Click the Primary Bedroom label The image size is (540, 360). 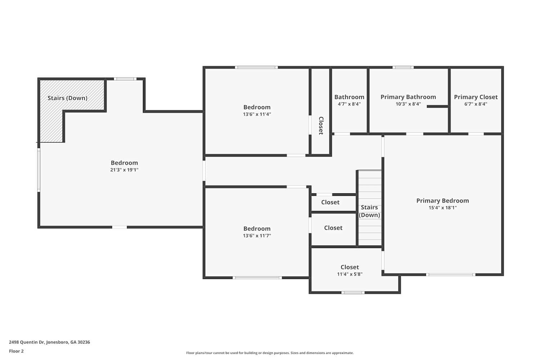442,201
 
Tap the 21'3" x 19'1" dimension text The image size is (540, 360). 124,170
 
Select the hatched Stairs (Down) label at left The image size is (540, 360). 67,98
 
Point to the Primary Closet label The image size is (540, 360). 476,97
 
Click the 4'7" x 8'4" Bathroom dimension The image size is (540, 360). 349,104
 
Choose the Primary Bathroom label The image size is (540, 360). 408,97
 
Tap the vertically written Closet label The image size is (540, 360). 321,125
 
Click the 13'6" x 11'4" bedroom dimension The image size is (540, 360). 257,114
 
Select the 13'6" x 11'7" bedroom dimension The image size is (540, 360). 257,236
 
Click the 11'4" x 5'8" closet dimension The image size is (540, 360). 350,274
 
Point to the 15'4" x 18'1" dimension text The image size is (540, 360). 442,208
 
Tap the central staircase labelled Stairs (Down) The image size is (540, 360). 369,211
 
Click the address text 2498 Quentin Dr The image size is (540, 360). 49,342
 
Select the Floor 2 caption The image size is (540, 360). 16,351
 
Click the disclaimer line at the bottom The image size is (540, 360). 270,353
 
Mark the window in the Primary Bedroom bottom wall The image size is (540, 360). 451,275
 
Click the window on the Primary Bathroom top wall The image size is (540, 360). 403,67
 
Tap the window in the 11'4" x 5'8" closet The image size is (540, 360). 353,292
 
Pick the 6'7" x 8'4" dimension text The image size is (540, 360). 476,104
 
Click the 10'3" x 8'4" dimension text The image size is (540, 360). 408,104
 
